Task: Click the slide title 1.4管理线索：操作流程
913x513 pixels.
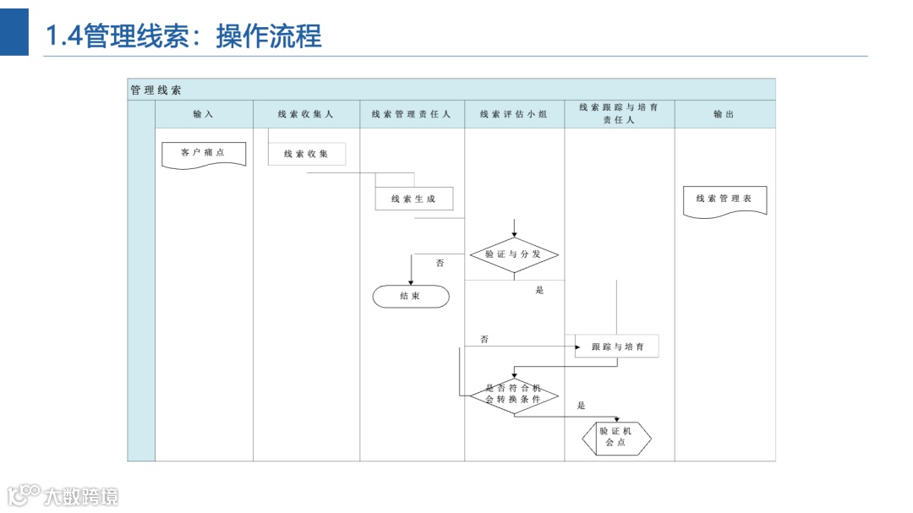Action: [x=183, y=36]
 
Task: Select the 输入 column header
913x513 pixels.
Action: [x=203, y=114]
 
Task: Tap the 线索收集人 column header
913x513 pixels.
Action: [x=306, y=114]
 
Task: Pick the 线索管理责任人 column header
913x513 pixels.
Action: [x=412, y=114]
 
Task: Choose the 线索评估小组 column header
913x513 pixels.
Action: [x=514, y=114]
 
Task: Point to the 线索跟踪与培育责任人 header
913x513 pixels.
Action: [x=619, y=114]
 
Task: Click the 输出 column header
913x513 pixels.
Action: [x=724, y=114]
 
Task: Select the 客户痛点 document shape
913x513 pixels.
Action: [x=203, y=154]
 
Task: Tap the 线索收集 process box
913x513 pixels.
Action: [x=306, y=154]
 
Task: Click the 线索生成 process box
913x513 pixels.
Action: [x=413, y=199]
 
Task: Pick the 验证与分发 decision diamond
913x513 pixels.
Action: [x=514, y=254]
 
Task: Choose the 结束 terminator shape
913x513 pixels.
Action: [x=411, y=297]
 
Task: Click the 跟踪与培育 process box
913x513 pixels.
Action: [x=617, y=347]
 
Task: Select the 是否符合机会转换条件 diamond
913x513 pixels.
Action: [x=514, y=395]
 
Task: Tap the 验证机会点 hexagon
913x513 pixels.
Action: [x=616, y=437]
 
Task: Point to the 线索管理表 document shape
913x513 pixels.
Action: [x=724, y=199]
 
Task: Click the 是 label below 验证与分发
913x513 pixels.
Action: [x=539, y=291]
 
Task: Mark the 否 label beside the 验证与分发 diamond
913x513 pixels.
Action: [x=440, y=264]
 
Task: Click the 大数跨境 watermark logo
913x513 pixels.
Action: [x=63, y=494]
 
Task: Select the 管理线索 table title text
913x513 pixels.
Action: [x=156, y=90]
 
